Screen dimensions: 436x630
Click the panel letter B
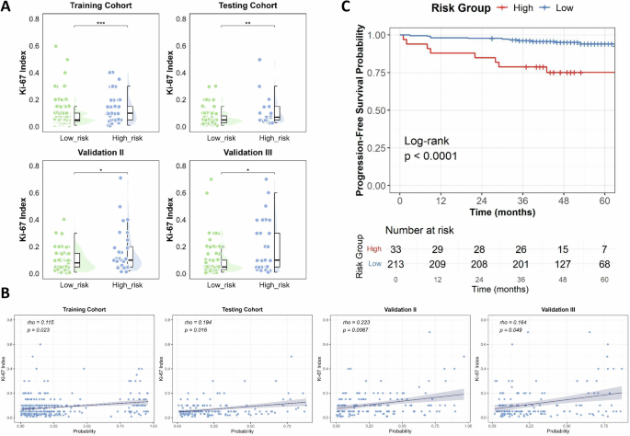(x=8, y=293)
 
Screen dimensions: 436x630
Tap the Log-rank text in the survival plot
(x=429, y=141)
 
